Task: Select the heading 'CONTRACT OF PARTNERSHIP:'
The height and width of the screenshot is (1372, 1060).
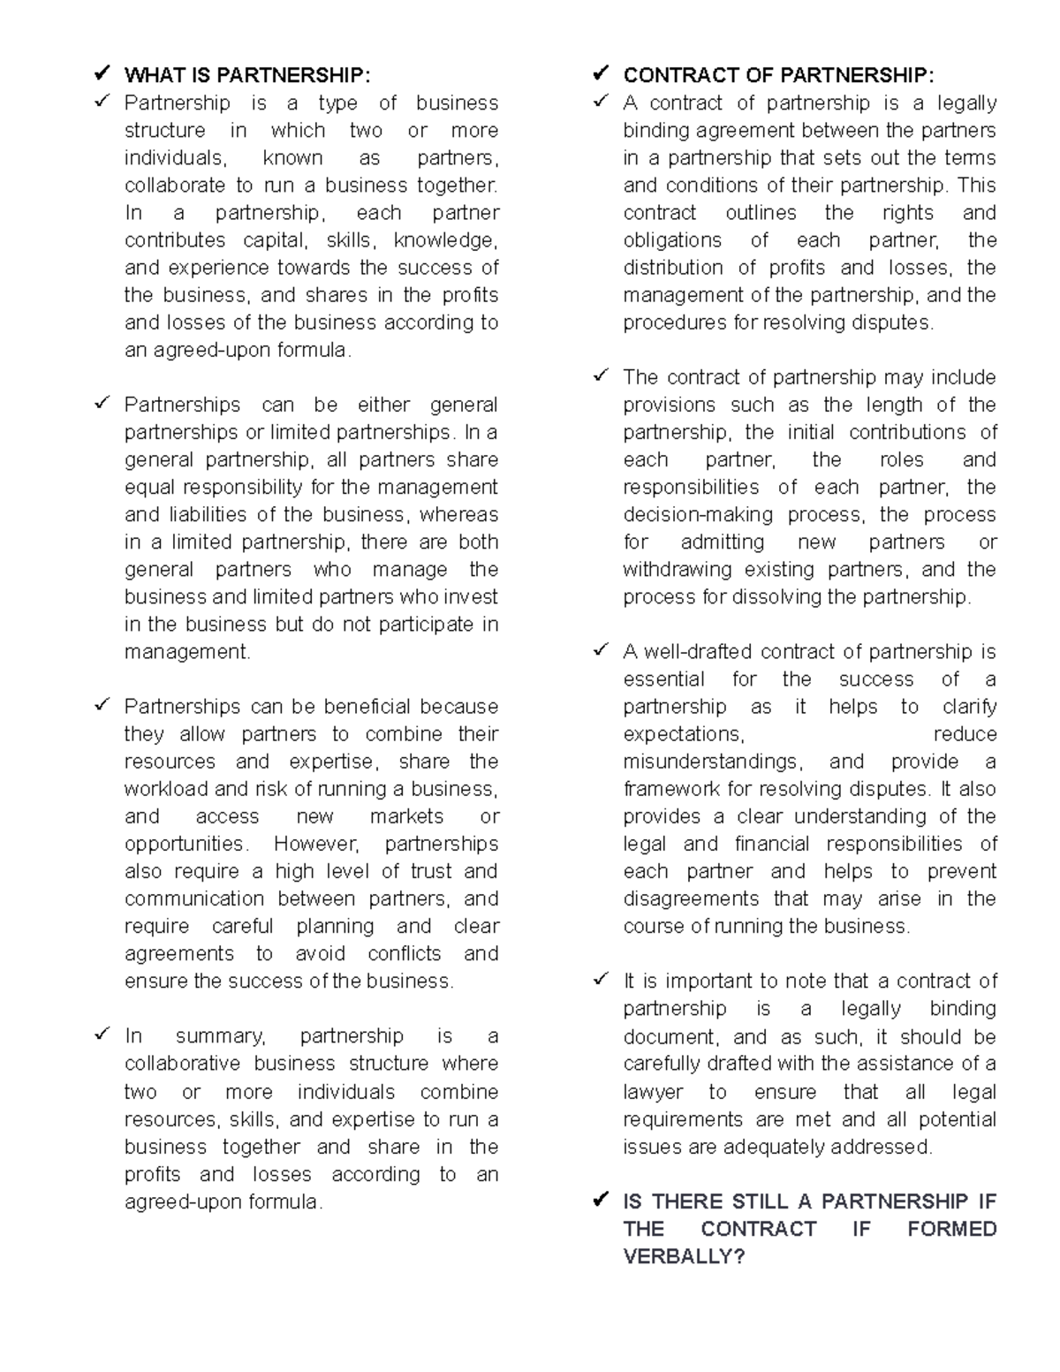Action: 778,75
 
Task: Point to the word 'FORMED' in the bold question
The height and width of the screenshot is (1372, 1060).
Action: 951,1229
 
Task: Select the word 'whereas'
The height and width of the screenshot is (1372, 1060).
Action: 458,514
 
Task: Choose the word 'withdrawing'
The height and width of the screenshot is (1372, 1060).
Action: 678,569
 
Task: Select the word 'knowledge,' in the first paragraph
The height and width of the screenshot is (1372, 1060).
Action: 446,240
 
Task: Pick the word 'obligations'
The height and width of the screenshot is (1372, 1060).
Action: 672,240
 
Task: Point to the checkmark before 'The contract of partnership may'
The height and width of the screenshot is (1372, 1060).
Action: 601,375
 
